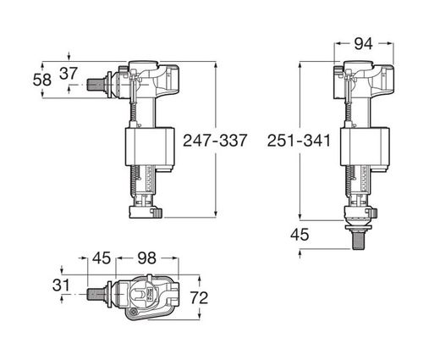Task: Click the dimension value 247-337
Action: coord(215,140)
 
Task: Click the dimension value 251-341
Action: coord(299,141)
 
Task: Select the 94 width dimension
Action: coord(363,44)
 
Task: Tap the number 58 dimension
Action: coord(42,80)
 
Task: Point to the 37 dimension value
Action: coord(69,74)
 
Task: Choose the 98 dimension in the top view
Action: coord(146,258)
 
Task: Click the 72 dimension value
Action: coord(199,298)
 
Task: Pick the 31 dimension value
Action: coord(61,285)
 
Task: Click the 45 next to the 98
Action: coord(102,258)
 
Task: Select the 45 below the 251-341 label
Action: coord(300,235)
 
